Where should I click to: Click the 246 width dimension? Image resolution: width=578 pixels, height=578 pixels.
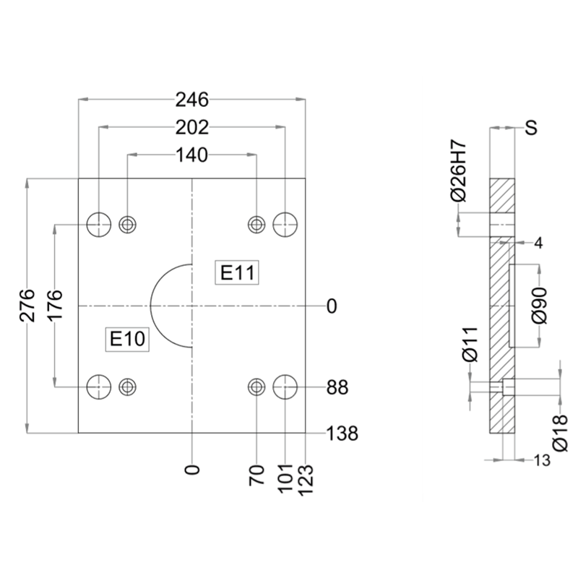tap(192, 99)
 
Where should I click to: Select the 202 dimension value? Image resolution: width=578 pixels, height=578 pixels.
tap(192, 127)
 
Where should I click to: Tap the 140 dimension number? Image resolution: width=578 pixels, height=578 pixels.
tap(191, 155)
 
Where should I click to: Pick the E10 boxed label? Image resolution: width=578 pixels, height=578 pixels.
tap(128, 338)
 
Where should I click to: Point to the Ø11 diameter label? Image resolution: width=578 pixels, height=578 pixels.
tap(470, 345)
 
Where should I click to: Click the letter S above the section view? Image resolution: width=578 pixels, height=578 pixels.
tap(531, 129)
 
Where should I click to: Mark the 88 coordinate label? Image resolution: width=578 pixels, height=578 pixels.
tap(337, 388)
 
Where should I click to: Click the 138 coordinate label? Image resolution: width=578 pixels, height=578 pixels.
tap(342, 433)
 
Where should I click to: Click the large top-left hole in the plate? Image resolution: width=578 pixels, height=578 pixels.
tap(99, 224)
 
